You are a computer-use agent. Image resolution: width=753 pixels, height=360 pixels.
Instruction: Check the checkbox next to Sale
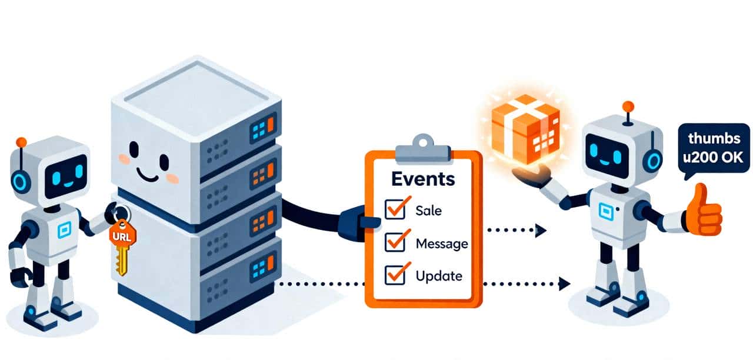[395, 209]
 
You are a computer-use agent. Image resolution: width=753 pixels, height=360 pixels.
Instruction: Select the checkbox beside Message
[395, 242]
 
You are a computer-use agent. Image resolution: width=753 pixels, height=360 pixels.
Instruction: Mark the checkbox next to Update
[395, 274]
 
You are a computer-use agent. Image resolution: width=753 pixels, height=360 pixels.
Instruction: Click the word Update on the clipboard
[438, 275]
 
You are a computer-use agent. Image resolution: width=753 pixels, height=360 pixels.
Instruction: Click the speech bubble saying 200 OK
[714, 149]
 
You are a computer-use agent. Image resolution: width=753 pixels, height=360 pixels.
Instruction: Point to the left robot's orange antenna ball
[22, 142]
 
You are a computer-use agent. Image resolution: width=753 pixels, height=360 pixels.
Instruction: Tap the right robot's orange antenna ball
[628, 106]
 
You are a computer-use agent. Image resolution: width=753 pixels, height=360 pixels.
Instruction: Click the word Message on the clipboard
[441, 243]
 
